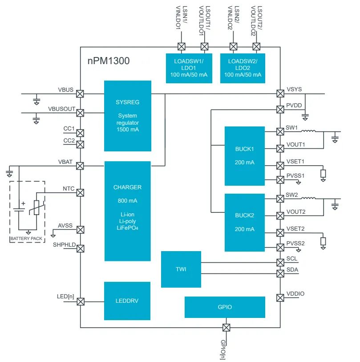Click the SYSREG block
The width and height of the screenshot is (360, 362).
[x=127, y=116]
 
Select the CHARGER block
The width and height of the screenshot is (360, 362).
[x=127, y=211]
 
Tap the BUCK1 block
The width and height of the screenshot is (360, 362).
[x=244, y=155]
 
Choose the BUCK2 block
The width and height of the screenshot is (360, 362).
[x=244, y=222]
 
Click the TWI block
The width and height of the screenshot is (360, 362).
[x=181, y=269]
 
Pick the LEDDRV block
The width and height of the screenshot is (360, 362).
[x=127, y=301]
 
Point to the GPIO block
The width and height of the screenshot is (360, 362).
[x=225, y=307]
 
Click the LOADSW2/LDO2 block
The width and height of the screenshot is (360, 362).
[x=243, y=68]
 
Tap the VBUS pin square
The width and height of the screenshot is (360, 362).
[x=80, y=94]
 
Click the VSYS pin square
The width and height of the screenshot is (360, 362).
[x=280, y=94]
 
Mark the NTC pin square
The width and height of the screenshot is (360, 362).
[x=80, y=193]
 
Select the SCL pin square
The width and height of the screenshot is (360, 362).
[x=280, y=262]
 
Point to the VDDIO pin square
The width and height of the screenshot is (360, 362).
[x=280, y=297]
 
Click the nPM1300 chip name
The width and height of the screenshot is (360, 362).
[x=109, y=61]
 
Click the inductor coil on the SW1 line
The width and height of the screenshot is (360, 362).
[x=309, y=131]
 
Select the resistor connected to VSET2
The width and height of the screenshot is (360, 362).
[x=323, y=241]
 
